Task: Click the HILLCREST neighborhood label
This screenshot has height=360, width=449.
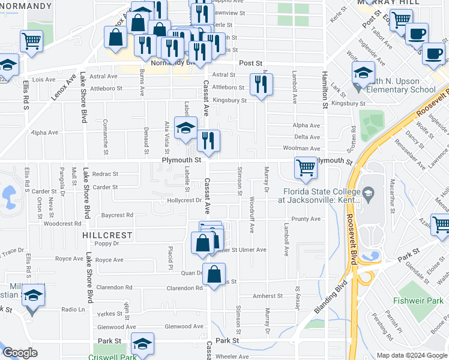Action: click(x=106, y=236)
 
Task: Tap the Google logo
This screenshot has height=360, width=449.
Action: click(x=19, y=353)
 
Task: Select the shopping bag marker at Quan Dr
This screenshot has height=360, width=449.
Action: click(x=214, y=274)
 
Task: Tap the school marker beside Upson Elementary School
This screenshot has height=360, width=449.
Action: click(x=363, y=73)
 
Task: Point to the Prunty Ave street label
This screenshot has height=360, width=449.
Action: click(x=306, y=219)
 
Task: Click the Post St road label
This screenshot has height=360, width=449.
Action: click(x=251, y=62)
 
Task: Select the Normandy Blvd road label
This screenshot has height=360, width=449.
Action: click(x=174, y=62)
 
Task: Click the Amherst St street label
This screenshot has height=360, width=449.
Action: click(x=267, y=296)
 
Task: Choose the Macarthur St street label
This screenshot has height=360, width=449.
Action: click(x=392, y=198)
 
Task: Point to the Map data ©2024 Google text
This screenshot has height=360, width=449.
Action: click(x=411, y=355)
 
